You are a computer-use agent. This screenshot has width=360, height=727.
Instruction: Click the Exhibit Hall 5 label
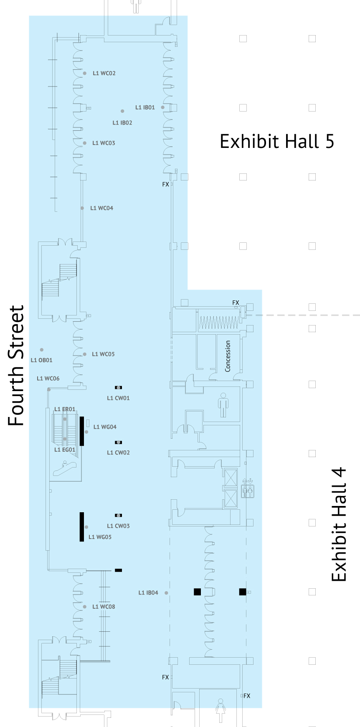pyautogui.click(x=277, y=141)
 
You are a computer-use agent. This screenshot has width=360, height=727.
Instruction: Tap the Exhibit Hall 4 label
pyautogui.click(x=339, y=524)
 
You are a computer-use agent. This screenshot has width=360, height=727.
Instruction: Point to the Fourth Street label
pyautogui.click(x=17, y=366)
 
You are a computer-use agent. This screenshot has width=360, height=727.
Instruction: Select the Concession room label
pyautogui.click(x=228, y=356)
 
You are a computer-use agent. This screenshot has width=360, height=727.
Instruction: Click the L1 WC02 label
pyautogui.click(x=104, y=73)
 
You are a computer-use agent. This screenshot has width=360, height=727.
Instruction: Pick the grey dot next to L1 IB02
pyautogui.click(x=122, y=111)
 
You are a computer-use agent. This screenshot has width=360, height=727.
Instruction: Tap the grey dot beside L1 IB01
pyautogui.click(x=162, y=107)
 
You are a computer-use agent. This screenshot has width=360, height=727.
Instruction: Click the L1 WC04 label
pyautogui.click(x=102, y=208)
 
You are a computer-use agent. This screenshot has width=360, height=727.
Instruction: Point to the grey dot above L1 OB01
pyautogui.click(x=42, y=350)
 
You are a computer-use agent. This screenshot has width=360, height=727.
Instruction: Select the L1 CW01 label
pyautogui.click(x=118, y=398)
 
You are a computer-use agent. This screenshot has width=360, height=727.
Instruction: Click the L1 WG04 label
pyautogui.click(x=105, y=427)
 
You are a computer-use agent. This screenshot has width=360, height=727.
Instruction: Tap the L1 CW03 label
pyautogui.click(x=118, y=526)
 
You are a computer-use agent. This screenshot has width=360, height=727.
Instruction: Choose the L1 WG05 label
pyautogui.click(x=100, y=537)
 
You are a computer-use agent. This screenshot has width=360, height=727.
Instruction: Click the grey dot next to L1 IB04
pyautogui.click(x=166, y=593)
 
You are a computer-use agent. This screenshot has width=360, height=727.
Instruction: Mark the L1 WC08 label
pyautogui.click(x=104, y=607)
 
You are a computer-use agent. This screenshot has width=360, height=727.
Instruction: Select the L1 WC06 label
pyautogui.click(x=48, y=379)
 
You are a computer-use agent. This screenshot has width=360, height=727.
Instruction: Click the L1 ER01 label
pyautogui.click(x=65, y=409)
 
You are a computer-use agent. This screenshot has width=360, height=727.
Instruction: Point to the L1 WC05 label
pyautogui.click(x=103, y=354)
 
